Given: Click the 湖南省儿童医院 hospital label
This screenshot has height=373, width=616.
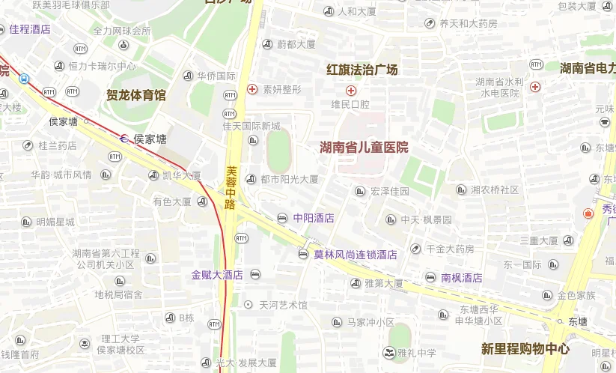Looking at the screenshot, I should click(x=364, y=148).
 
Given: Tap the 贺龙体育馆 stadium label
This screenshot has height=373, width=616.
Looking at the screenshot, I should click(x=136, y=95).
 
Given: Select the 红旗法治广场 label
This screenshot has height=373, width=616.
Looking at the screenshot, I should click(x=362, y=70).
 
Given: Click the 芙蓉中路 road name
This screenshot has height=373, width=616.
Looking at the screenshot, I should click(x=231, y=187).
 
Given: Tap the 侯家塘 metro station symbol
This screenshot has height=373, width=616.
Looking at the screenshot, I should click(x=124, y=139).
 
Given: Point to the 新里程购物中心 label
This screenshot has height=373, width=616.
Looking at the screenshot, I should click(x=525, y=349).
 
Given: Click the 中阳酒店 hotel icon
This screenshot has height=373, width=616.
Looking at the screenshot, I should click(x=282, y=218).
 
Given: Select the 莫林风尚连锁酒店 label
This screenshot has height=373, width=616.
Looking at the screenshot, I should click(x=355, y=255).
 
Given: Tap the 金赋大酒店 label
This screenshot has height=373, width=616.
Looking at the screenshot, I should click(x=217, y=275).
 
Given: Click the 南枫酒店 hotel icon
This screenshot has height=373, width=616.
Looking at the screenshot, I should click(x=430, y=278).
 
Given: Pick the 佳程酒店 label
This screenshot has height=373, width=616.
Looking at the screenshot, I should click(x=30, y=29).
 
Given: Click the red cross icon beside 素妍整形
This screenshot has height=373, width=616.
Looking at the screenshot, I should click(x=252, y=89).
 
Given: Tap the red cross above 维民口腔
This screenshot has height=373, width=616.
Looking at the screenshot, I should click(x=350, y=90).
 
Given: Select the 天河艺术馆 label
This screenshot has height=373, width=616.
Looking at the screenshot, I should click(x=283, y=305).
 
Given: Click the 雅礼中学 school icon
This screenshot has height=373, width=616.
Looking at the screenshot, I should click(x=388, y=352).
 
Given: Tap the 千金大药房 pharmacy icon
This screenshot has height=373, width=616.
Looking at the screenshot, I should click(x=415, y=249).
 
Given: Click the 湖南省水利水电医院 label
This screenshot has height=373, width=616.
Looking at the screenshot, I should click(x=499, y=88).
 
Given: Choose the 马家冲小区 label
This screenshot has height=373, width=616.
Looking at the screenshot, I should click(x=370, y=322).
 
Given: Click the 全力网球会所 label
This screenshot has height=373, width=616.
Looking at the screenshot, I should click(x=122, y=31).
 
